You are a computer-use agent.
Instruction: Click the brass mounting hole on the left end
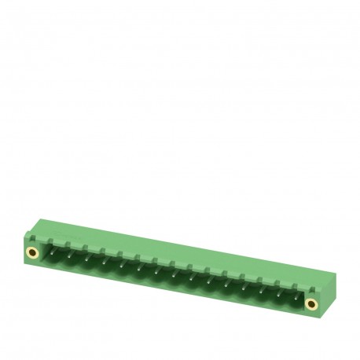click(32, 252)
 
